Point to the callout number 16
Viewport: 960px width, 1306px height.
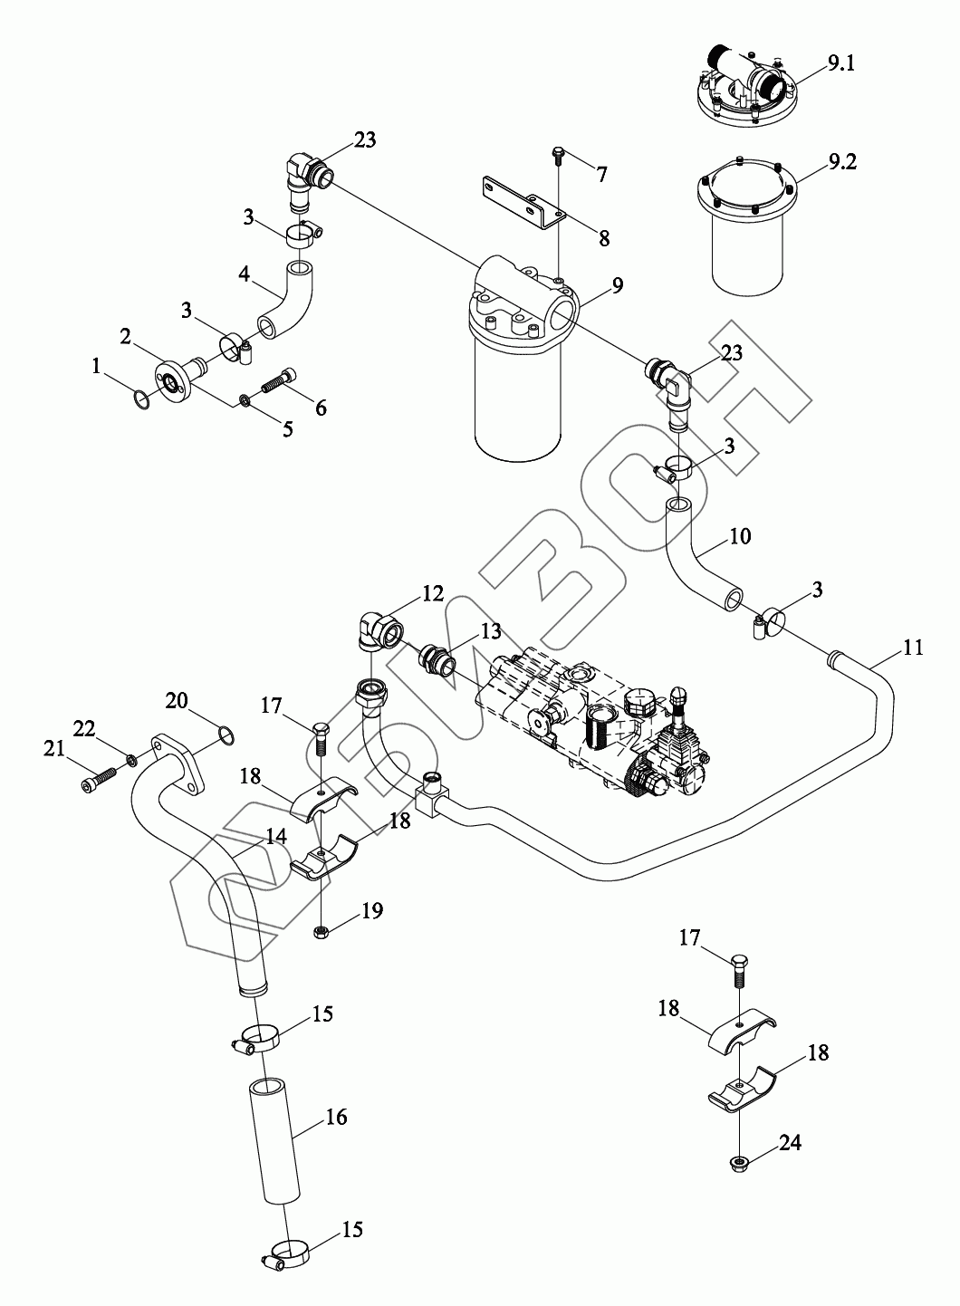tap(335, 1117)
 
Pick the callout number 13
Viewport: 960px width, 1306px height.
tap(490, 630)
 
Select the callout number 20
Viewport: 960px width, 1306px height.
tap(178, 700)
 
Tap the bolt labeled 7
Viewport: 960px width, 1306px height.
tap(558, 158)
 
